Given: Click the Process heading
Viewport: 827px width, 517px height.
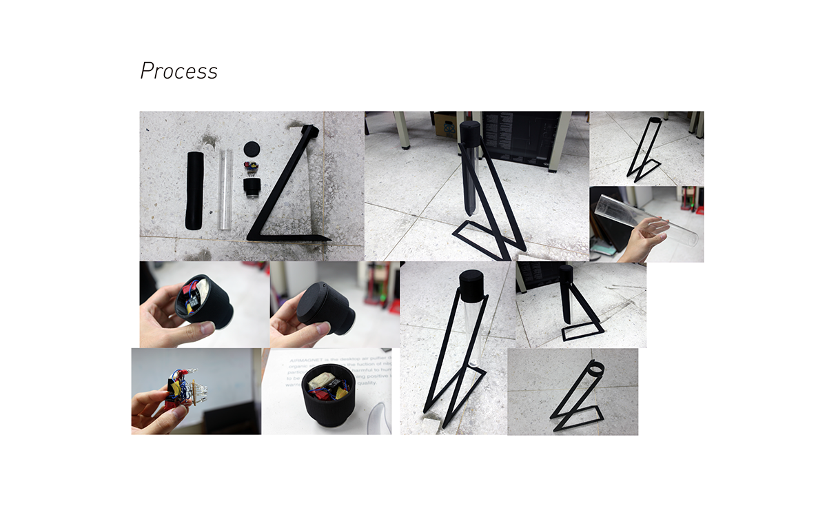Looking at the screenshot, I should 178,71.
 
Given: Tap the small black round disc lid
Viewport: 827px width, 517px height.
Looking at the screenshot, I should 252,150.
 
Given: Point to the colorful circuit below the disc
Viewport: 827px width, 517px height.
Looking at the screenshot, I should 251,169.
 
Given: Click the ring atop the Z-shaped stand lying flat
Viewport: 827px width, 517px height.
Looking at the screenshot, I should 312,130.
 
